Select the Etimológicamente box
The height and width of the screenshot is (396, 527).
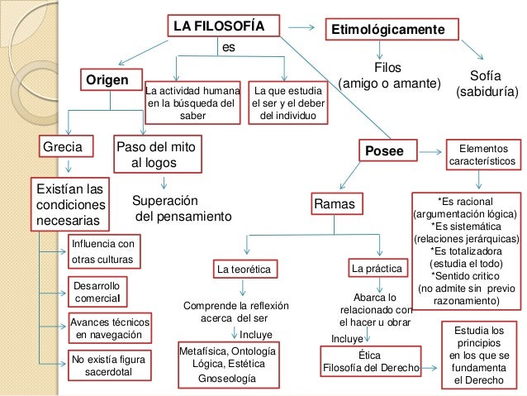pyautogui.click(x=392, y=30)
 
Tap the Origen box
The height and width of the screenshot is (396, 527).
pyautogui.click(x=110, y=80)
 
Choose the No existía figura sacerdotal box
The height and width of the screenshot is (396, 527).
pyautogui.click(x=110, y=365)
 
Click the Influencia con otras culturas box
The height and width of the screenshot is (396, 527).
pyautogui.click(x=102, y=250)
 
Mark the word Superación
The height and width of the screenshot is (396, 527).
pyautogui.click(x=166, y=201)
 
